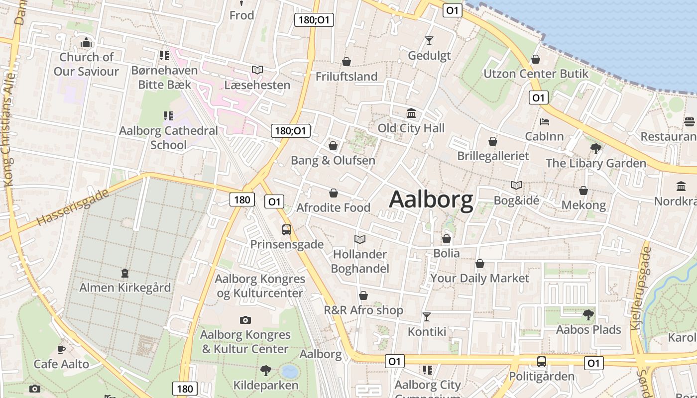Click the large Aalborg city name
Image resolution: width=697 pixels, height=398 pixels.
[431, 200]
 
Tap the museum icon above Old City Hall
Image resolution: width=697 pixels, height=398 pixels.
[411, 113]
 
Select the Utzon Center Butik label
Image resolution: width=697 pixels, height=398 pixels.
[536, 74]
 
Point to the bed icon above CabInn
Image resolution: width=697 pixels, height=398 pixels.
[545, 122]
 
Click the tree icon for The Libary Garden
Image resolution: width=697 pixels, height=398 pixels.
[595, 148]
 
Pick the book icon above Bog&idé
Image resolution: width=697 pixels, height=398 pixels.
[516, 186]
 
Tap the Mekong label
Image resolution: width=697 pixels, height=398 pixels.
[583, 205]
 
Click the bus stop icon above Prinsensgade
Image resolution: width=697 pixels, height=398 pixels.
[287, 230]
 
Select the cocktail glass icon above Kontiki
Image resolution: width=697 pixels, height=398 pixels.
[427, 317]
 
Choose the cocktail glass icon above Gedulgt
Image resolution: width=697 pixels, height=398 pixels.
[429, 41]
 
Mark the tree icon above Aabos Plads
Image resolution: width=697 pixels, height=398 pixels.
[588, 315]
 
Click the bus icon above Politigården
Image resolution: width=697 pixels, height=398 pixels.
[541, 362]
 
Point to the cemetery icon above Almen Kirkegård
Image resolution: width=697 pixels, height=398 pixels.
[124, 273]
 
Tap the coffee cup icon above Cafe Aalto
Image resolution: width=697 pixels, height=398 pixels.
[61, 349]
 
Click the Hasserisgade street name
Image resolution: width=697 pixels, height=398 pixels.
[73, 207]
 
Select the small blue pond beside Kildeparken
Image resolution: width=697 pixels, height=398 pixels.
[289, 372]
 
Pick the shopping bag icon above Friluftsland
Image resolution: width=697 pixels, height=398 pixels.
[347, 62]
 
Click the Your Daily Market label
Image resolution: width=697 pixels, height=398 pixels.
[479, 278]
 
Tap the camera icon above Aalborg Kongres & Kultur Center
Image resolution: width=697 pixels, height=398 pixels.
[245, 320]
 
